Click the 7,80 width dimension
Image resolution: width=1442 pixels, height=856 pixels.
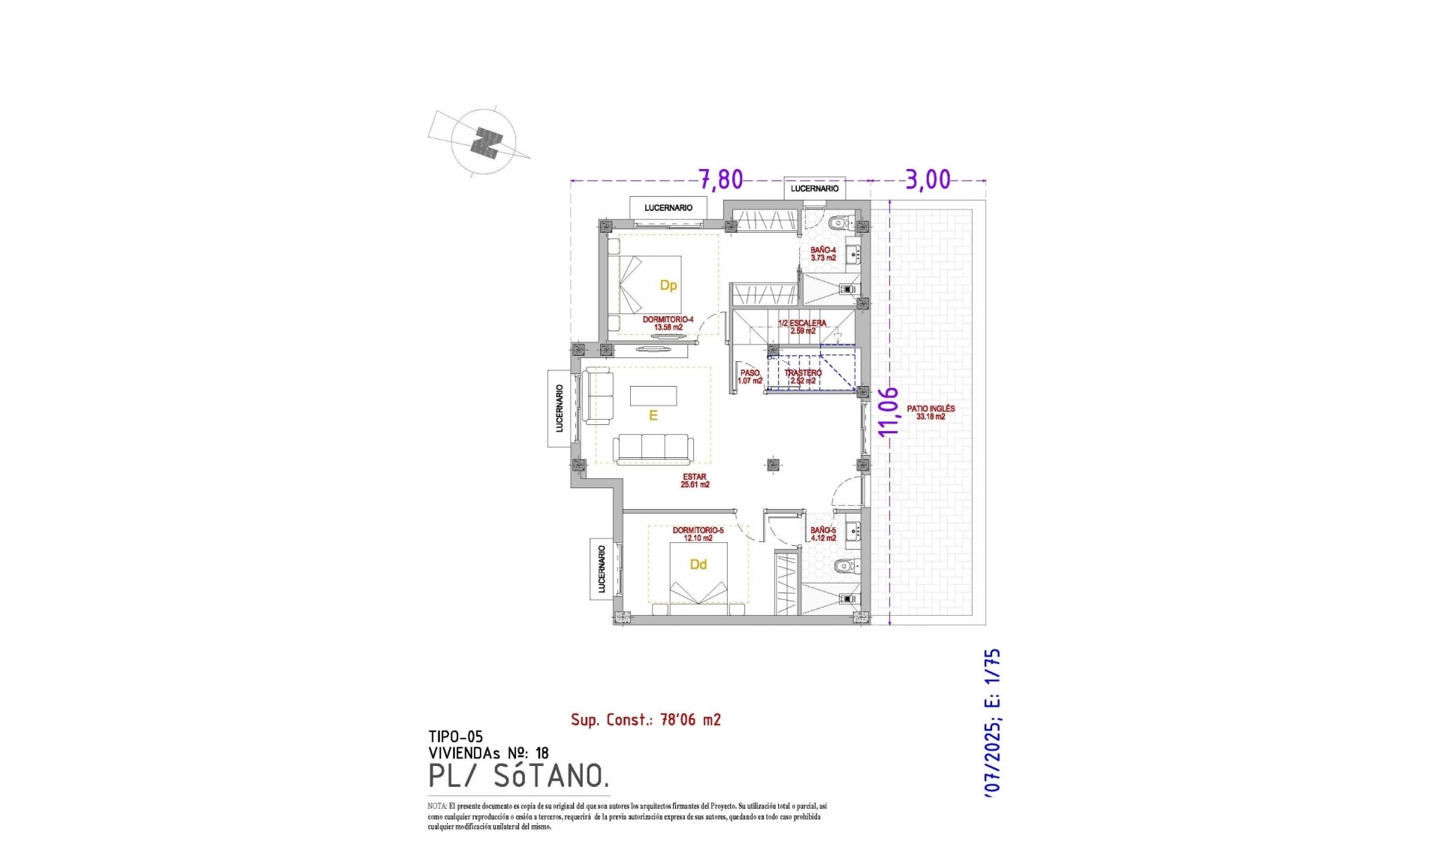tap(721, 179)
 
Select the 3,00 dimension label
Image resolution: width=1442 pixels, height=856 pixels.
tap(928, 179)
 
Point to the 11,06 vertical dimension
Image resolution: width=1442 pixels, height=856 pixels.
tap(888, 411)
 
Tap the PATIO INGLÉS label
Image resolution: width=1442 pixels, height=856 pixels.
tap(931, 412)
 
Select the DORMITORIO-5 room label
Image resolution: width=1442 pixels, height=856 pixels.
tap(698, 534)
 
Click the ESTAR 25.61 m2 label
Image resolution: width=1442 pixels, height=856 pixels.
tap(695, 481)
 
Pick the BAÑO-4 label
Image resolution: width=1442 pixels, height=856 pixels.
tap(823, 253)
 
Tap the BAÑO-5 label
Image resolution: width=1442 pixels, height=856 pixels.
tap(823, 533)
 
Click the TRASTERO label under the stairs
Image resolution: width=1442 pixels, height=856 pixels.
tap(803, 376)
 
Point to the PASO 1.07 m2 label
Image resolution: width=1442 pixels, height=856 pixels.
tap(750, 376)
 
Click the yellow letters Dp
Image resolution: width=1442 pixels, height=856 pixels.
tap(668, 285)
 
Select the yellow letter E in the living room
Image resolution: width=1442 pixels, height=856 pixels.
tap(653, 415)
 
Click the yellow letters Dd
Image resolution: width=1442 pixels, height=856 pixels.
tap(698, 565)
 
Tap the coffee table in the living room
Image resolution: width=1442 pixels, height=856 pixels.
tap(653, 395)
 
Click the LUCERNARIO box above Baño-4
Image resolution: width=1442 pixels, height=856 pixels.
tap(814, 188)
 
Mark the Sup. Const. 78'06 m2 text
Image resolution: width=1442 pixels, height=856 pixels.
tap(645, 720)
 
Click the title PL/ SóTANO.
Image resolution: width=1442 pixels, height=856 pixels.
tap(518, 776)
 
